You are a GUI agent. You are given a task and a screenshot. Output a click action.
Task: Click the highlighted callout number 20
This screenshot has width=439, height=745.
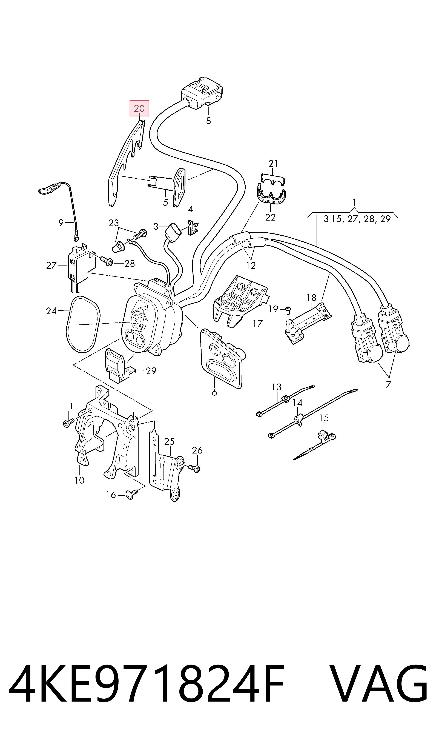139,109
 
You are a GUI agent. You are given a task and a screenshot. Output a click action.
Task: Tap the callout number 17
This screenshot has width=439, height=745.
258,323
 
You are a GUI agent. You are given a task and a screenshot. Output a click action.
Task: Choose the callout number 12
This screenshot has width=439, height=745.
251,266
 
